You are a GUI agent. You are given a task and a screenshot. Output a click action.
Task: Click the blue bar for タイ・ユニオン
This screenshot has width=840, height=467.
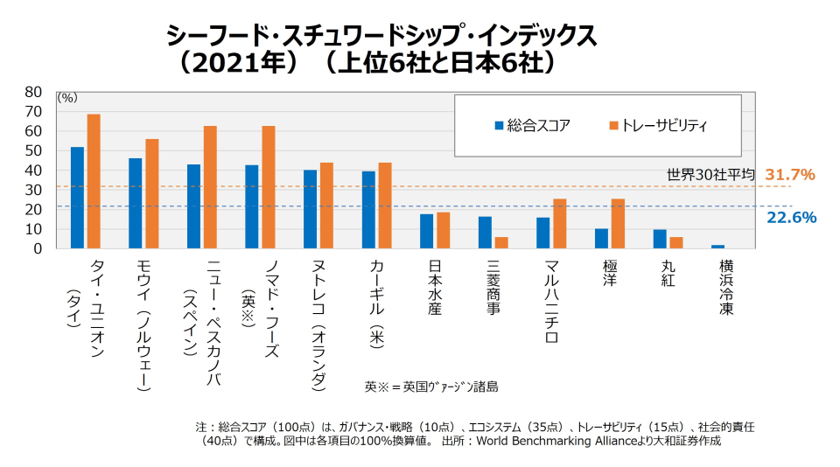[77, 198]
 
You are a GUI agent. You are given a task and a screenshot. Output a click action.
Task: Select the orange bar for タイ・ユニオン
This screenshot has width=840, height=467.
[94, 182]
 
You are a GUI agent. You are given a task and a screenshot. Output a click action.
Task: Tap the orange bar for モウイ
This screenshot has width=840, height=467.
[152, 193]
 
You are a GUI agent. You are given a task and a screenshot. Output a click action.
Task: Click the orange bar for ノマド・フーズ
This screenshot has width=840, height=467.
[269, 187]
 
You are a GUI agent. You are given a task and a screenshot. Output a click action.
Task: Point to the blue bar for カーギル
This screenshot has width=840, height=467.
[368, 210]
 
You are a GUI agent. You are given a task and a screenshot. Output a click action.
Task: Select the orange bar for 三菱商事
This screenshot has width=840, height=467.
[501, 243]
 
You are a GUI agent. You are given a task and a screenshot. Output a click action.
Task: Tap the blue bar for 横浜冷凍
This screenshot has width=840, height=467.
[717, 247]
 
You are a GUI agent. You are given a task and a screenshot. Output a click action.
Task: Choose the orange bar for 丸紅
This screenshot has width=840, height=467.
[676, 243]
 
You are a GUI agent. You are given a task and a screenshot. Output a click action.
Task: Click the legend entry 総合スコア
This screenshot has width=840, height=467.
[532, 125]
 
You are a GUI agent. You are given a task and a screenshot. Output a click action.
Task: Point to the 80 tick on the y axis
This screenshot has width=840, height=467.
[33, 92]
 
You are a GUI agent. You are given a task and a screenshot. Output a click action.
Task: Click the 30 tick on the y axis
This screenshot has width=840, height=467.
[33, 190]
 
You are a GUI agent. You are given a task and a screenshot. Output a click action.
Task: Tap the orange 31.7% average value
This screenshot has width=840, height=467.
[790, 174]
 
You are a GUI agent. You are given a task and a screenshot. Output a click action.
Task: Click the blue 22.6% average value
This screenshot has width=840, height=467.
[791, 217]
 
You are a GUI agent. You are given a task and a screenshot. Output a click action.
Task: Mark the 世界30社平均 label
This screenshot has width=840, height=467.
[710, 175]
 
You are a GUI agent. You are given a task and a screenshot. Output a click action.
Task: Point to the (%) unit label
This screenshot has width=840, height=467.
[67, 98]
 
